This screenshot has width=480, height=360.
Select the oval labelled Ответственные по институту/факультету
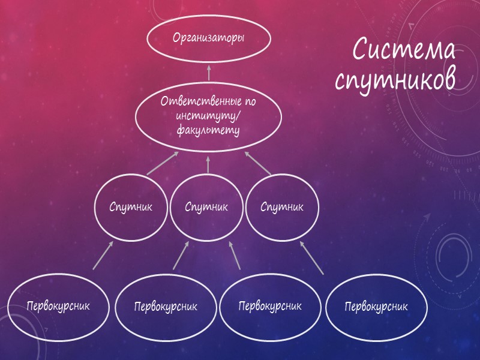[208, 115]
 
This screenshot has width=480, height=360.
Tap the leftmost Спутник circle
[131, 207]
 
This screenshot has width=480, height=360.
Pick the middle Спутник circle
[206, 207]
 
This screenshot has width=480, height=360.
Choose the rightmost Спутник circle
[282, 207]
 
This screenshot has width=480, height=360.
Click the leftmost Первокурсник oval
[58, 306]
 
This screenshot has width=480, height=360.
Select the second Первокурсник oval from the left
[165, 307]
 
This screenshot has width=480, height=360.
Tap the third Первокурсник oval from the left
[271, 306]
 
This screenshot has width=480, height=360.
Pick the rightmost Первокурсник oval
[376, 307]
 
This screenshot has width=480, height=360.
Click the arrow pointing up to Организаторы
[209, 73]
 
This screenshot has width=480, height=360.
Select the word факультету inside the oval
[208, 130]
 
